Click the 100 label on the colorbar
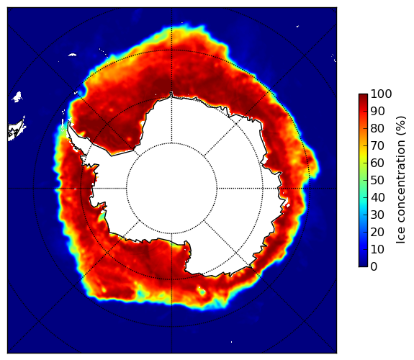coord(381,94)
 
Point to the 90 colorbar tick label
coord(377,111)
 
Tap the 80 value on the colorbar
coord(377,129)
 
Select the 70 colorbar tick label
coord(377,145)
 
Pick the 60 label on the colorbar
coord(377,163)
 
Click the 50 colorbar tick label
coord(377,181)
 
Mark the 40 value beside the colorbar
coord(377,197)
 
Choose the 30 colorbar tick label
coord(377,215)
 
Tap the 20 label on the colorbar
coord(377,232)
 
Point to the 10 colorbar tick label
coord(377,249)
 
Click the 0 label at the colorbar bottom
coord(374,267)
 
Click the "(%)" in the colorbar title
coord(401,126)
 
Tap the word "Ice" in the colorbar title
coord(401,235)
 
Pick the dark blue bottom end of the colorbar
coord(363,266)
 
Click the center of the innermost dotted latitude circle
coord(171,189)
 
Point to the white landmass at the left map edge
coord(17,130)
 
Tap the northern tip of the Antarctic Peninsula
coord(68,123)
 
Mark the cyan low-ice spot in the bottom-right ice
coord(202,292)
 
